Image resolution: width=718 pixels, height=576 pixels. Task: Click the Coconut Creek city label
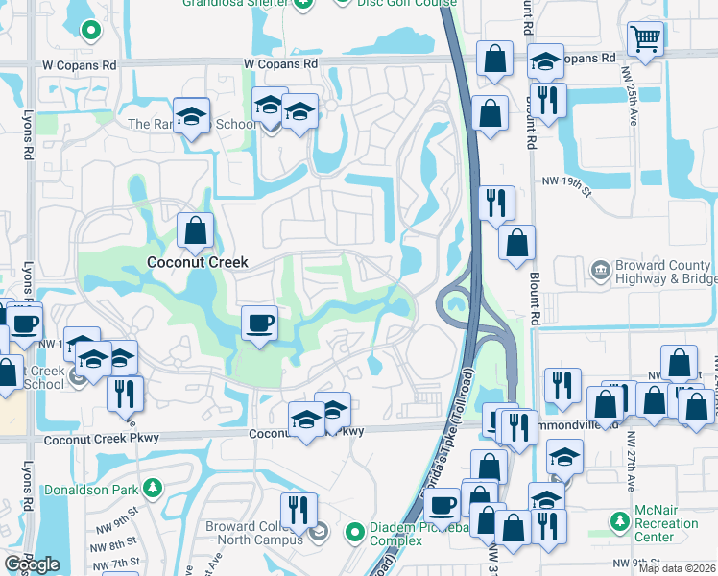click(197, 262)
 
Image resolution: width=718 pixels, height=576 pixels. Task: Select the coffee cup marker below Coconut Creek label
click(258, 323)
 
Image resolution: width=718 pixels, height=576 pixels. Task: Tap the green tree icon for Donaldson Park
click(152, 489)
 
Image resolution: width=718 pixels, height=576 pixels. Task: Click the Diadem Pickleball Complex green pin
click(354, 530)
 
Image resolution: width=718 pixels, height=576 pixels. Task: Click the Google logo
click(32, 564)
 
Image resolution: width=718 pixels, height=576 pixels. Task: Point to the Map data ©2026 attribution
click(677, 568)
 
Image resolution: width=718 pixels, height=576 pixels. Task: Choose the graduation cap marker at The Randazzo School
click(193, 116)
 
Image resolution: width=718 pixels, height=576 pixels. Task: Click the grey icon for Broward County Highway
click(601, 269)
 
